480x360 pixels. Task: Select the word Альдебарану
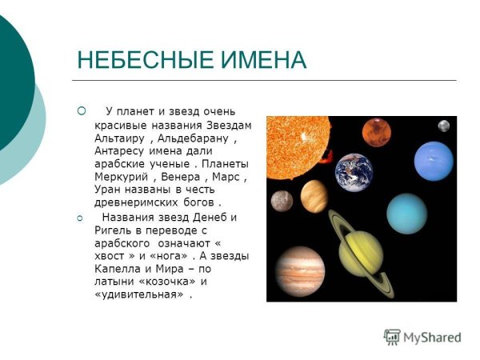[x=195, y=138]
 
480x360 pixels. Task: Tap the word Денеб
[x=210, y=217]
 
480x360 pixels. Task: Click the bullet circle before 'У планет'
[x=81, y=111]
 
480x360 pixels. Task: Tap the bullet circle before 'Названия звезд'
[x=81, y=218]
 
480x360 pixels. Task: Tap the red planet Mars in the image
[x=376, y=133]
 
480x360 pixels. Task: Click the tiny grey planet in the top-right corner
[x=444, y=126]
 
